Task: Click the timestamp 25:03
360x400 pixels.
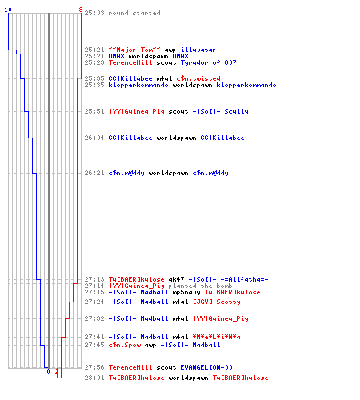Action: click(94, 13)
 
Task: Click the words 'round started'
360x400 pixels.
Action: click(134, 13)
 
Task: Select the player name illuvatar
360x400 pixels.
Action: click(198, 50)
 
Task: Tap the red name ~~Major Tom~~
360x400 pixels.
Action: click(134, 50)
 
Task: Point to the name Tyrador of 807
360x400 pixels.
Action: click(209, 62)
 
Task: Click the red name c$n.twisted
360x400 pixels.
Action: click(198, 78)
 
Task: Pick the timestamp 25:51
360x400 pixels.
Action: click(94, 111)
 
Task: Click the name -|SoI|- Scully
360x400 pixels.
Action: click(221, 111)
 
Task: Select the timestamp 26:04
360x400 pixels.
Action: click(94, 138)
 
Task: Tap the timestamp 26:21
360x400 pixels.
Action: click(94, 173)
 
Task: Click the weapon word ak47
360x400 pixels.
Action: click(176, 279)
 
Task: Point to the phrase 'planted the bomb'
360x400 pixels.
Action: click(200, 286)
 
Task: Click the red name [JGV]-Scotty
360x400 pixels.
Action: click(217, 302)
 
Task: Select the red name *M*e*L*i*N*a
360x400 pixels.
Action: click(217, 337)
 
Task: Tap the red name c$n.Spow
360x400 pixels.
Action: click(125, 345)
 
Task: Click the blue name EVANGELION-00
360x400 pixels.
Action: click(206, 367)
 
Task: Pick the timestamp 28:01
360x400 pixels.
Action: click(94, 378)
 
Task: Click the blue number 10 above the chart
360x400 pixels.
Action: click(8, 10)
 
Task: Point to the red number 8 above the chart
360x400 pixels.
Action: click(81, 10)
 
